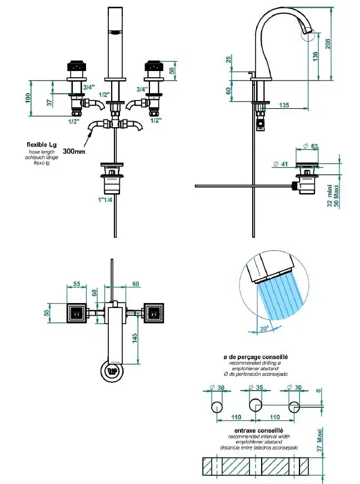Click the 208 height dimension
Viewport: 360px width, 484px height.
328,43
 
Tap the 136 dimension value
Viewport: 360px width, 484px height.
315,56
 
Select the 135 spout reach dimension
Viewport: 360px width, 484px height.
284,105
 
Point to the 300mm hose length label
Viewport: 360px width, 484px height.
74,151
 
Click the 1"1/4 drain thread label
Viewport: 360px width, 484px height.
105,200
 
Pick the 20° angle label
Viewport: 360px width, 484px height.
264,329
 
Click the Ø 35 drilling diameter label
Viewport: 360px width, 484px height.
256,387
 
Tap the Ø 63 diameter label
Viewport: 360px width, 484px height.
311,146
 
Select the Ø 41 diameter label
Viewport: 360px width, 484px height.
281,164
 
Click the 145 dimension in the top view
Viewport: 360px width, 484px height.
135,338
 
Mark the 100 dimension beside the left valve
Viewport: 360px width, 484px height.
28,98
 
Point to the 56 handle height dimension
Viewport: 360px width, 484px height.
172,70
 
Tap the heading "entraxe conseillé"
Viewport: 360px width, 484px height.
259,430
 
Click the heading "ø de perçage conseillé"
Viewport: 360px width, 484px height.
256,357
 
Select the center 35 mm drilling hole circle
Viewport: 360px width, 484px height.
256,405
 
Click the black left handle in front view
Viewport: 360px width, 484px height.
75,65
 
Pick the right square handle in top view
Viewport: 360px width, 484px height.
153,313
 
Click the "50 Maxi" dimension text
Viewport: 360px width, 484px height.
337,196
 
